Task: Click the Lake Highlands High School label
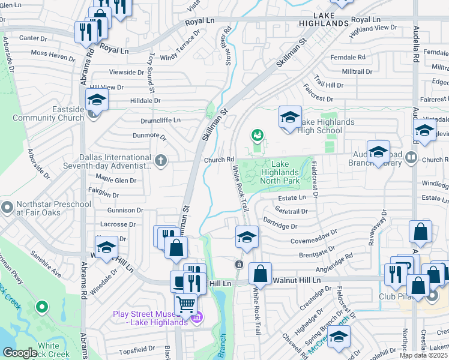(320, 126)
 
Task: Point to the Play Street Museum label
(150, 318)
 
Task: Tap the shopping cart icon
(186, 305)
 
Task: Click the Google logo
(20, 353)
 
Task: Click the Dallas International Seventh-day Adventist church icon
(160, 160)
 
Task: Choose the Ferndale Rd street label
(349, 58)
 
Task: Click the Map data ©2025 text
(424, 355)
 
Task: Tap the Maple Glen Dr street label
(116, 180)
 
